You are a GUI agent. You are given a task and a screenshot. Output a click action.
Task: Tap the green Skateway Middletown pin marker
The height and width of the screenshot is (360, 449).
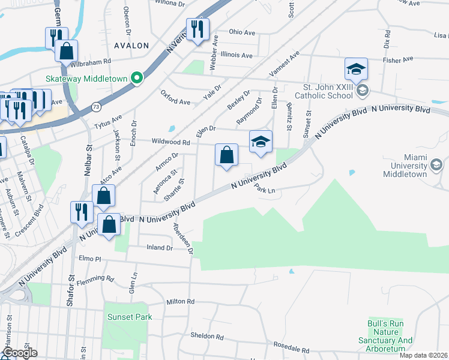pyautogui.click(x=137, y=78)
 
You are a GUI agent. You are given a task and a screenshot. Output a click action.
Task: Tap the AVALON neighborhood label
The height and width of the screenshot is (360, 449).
pyautogui.click(x=131, y=46)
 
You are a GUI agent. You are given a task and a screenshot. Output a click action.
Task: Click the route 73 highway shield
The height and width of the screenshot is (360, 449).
pyautogui.click(x=96, y=107)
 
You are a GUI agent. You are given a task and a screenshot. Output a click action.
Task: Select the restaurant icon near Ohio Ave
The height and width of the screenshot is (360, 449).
pyautogui.click(x=197, y=29)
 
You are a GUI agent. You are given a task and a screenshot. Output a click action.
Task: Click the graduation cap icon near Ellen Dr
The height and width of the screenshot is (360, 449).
pyautogui.click(x=261, y=142)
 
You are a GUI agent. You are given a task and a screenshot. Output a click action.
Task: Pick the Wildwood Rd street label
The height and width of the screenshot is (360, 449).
pyautogui.click(x=172, y=143)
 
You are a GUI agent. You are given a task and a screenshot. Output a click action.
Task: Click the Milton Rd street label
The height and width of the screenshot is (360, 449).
pyautogui.click(x=181, y=302)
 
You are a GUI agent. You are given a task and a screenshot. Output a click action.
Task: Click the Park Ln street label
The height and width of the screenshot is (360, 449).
pyautogui.click(x=265, y=189)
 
